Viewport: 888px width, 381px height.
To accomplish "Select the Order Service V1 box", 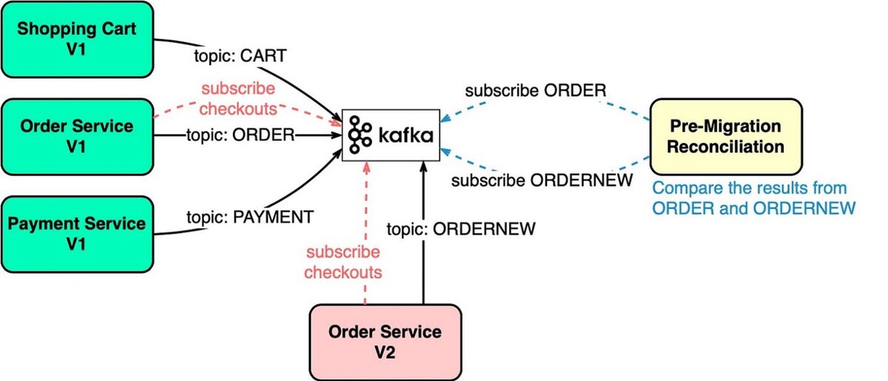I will click(x=77, y=136).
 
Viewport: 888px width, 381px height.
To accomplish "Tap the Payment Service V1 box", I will click(x=77, y=233).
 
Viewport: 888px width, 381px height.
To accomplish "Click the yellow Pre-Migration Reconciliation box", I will click(x=725, y=136).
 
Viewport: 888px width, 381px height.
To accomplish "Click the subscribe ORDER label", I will click(x=536, y=90).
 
